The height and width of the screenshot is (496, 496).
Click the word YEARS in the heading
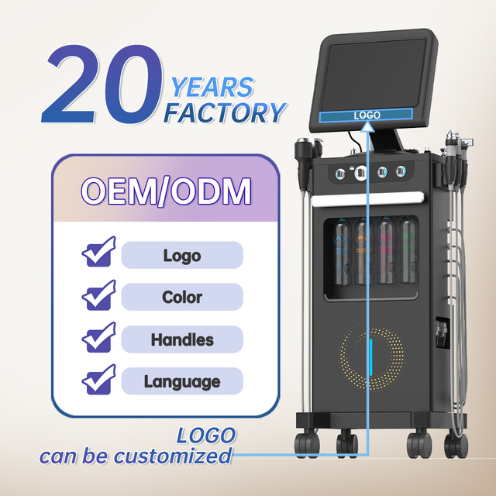[212, 87]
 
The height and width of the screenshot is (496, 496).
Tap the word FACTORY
[224, 113]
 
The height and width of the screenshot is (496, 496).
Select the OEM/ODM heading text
[165, 191]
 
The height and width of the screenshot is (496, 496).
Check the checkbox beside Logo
[98, 253]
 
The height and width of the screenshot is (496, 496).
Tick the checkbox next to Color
[98, 295]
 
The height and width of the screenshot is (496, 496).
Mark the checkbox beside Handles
[98, 338]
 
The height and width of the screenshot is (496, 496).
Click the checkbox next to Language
[98, 381]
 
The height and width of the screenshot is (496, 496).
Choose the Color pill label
[182, 297]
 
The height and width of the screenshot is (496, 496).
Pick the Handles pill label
[182, 339]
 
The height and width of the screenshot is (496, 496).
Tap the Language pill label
[182, 381]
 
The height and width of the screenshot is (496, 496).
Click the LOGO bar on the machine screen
[367, 115]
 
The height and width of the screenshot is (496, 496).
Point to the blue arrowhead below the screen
[367, 132]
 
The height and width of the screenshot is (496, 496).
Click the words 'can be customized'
[136, 455]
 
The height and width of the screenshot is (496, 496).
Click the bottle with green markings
[408, 253]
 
